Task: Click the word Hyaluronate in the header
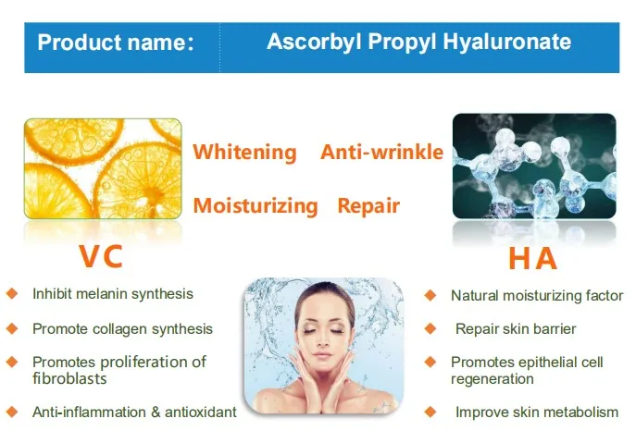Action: coord(507,42)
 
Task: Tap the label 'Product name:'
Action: coord(116,43)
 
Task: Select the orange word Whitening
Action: coord(245,154)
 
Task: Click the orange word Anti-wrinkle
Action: coord(381,153)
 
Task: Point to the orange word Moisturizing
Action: coord(256,205)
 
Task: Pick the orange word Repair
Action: coord(368,206)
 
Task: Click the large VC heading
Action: coord(101,256)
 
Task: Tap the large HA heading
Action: coord(532,258)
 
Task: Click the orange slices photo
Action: coord(103,168)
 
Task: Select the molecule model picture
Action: coord(534,166)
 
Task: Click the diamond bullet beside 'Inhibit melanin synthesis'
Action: coord(12,294)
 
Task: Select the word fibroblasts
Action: coord(69,379)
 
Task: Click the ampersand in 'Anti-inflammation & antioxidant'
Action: coord(156,413)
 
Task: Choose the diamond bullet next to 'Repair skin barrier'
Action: coord(430,328)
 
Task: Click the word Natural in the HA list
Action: coord(475,296)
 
